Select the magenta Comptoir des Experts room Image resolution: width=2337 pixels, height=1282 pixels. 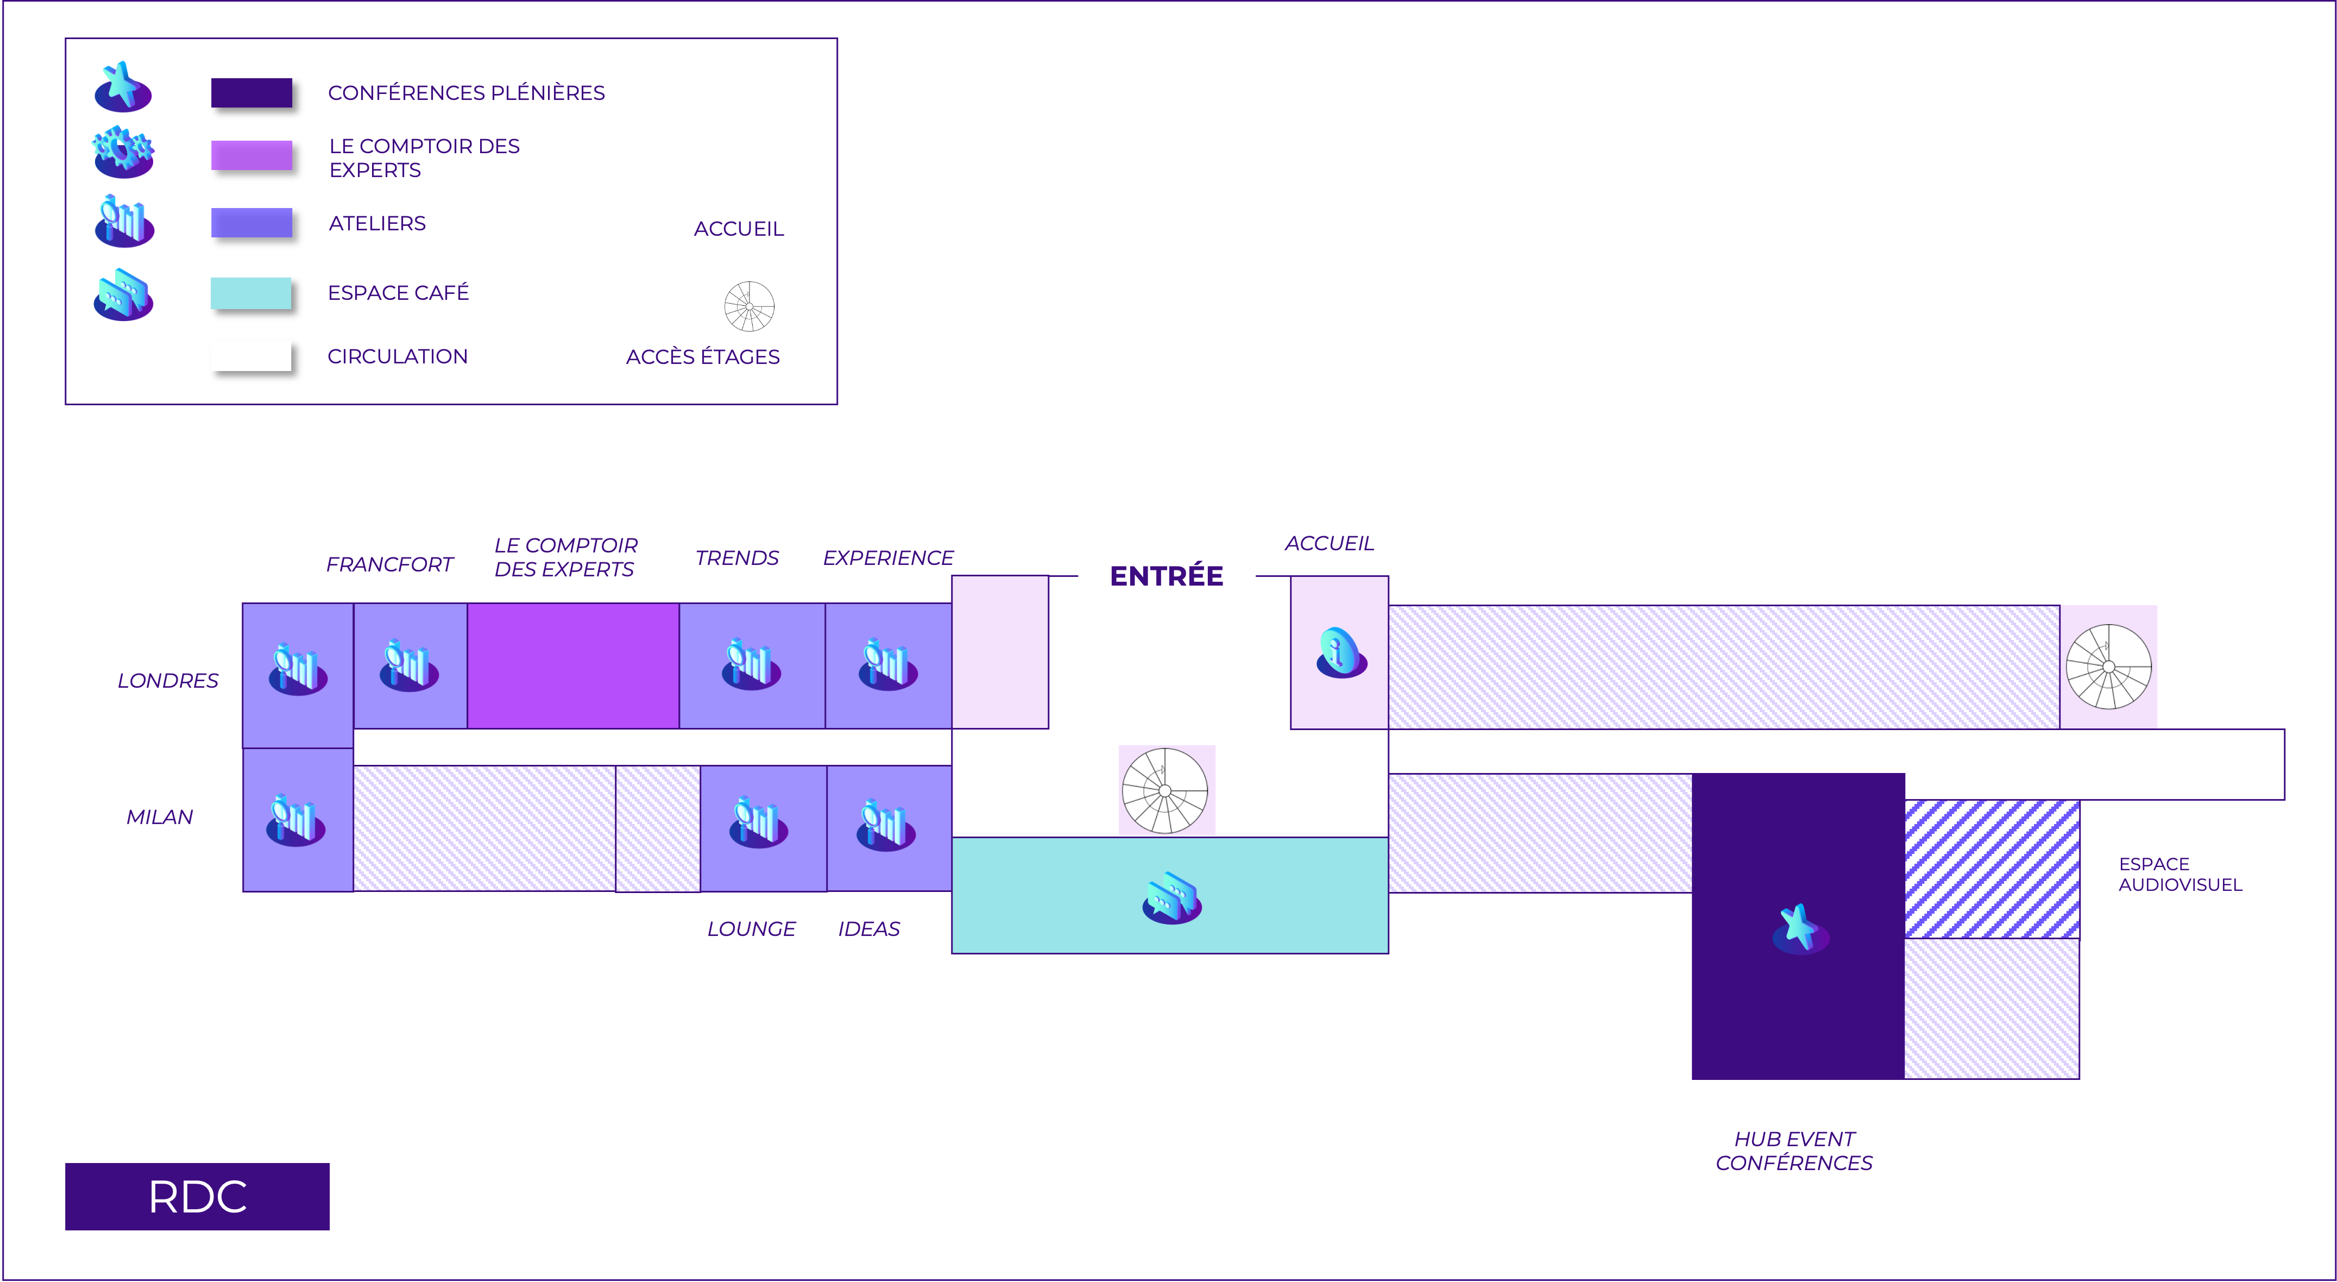pyautogui.click(x=572, y=665)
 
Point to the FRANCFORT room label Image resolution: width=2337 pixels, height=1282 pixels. pyautogui.click(x=389, y=564)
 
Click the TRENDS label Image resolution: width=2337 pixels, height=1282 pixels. pyautogui.click(x=736, y=558)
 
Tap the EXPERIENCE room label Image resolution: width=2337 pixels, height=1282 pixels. pyautogui.click(x=887, y=558)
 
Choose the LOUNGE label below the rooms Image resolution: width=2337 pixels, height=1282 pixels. pyautogui.click(x=751, y=929)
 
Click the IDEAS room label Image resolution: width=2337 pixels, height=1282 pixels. pyautogui.click(x=868, y=929)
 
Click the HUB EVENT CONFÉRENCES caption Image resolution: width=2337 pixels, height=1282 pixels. pyautogui.click(x=1793, y=1151)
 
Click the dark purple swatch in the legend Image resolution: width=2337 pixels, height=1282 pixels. pyautogui.click(x=251, y=92)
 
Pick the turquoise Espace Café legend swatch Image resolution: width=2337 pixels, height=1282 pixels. pyautogui.click(x=251, y=293)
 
